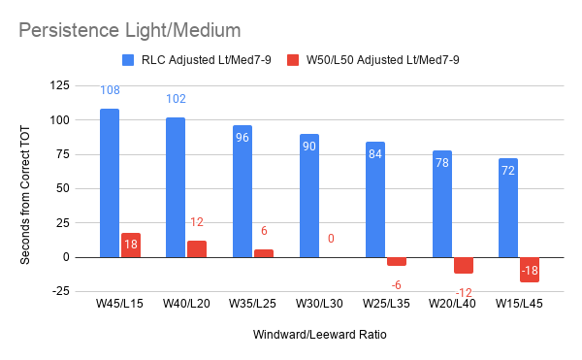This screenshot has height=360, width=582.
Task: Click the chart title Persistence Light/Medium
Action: [x=130, y=30]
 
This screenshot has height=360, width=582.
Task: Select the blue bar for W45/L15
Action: [x=110, y=183]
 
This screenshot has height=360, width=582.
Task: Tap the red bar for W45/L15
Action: [x=131, y=245]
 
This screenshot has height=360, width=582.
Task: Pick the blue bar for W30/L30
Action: [x=309, y=196]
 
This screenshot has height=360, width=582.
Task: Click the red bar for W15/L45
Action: [x=530, y=270]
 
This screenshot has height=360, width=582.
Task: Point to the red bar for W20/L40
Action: [x=464, y=265]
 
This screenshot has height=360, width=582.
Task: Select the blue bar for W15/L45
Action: [x=508, y=208]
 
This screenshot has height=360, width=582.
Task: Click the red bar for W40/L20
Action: [x=197, y=249]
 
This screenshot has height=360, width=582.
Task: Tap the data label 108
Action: [x=110, y=90]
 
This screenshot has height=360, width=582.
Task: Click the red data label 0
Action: [x=331, y=239]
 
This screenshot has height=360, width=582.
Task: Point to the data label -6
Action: [x=397, y=285]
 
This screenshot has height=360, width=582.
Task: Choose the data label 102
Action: [x=176, y=99]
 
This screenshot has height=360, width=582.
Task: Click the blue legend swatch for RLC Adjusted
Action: [x=128, y=60]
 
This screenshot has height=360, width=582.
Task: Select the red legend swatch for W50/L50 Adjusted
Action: [x=293, y=60]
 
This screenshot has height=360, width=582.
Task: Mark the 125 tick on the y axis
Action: [x=60, y=85]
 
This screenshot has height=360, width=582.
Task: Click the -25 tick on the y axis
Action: [x=61, y=291]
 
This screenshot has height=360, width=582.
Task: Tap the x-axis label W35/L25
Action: [x=252, y=304]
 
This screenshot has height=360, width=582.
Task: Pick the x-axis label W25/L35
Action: [x=386, y=304]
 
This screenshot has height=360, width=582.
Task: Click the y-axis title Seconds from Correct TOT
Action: [x=25, y=195]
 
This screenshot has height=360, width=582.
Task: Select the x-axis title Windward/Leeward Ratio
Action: [x=319, y=335]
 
